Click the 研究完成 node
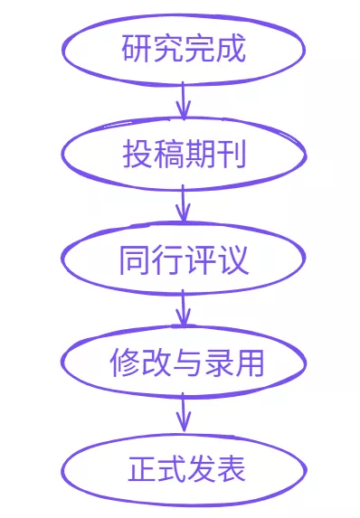[x=184, y=48]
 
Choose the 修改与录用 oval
[x=184, y=363]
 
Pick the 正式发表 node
[x=184, y=469]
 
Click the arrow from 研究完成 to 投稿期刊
[x=184, y=100]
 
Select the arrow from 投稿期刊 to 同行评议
[x=184, y=204]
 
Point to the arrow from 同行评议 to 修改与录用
[x=184, y=309]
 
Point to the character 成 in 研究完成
[x=232, y=48]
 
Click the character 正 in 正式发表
[x=142, y=470]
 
